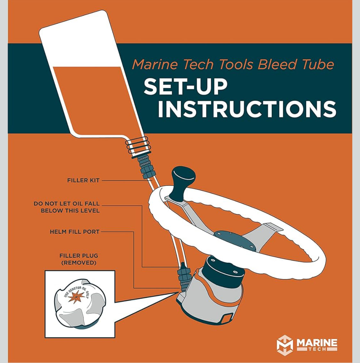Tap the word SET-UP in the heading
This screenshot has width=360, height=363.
click(x=185, y=86)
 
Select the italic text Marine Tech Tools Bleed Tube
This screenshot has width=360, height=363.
click(x=233, y=64)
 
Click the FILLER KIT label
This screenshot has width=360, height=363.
click(x=83, y=181)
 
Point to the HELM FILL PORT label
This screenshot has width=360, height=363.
click(x=75, y=231)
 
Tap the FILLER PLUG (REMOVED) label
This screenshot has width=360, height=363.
click(x=79, y=259)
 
